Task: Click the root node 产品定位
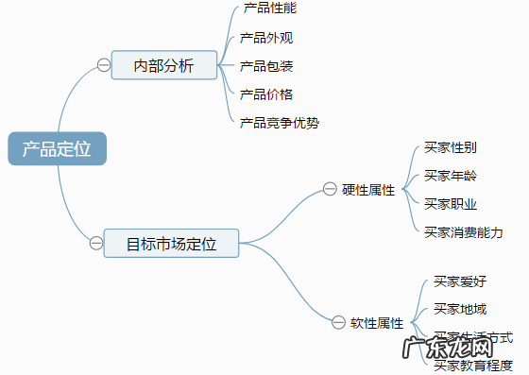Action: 57,148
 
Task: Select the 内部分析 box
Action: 163,65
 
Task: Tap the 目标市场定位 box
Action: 171,244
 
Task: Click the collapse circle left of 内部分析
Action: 103,65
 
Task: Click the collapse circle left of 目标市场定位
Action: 95,244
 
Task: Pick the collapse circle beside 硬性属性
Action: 329,189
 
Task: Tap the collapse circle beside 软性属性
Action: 341,323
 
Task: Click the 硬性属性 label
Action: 368,190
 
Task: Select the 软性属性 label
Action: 377,323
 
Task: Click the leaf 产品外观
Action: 266,38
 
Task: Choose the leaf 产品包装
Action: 266,66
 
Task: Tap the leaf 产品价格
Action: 266,94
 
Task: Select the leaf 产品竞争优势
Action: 280,122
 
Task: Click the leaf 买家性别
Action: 451,147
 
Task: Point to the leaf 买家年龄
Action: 451,175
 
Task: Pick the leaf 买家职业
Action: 451,203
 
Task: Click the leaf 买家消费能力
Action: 464,231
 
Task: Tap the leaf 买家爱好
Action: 460,281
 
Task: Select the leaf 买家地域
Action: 460,309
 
